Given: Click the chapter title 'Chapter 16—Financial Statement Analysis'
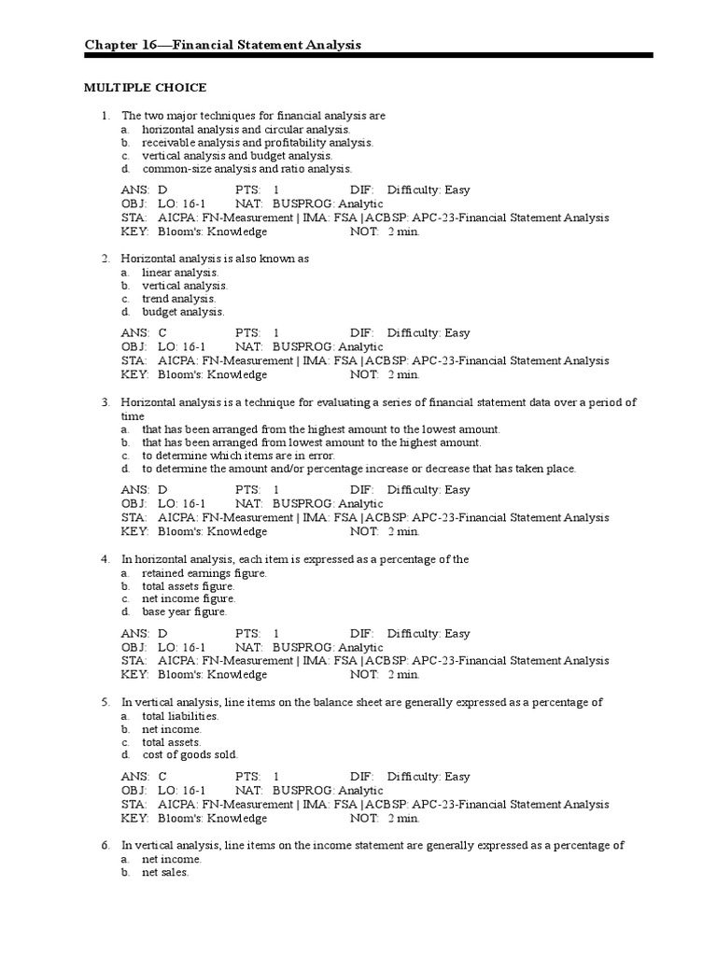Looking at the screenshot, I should (x=223, y=45).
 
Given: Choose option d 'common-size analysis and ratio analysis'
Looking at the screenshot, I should (x=246, y=169).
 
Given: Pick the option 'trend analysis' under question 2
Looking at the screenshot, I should (x=178, y=299).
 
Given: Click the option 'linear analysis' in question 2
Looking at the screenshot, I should (x=179, y=272).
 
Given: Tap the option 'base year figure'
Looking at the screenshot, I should (x=184, y=612).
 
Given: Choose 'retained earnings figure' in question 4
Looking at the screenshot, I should (x=204, y=573).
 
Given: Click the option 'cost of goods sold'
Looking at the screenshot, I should (x=190, y=754).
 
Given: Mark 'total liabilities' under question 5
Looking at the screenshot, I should (x=180, y=716).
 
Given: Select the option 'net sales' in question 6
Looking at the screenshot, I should (x=165, y=872).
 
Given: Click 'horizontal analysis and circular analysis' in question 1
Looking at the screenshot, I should (x=246, y=129).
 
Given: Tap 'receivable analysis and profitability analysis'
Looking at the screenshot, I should (x=257, y=143).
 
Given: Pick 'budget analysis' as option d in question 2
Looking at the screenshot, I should (x=183, y=312).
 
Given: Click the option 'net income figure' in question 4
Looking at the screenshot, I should (x=189, y=598).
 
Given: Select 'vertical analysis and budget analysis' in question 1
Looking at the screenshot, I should (x=236, y=156).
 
